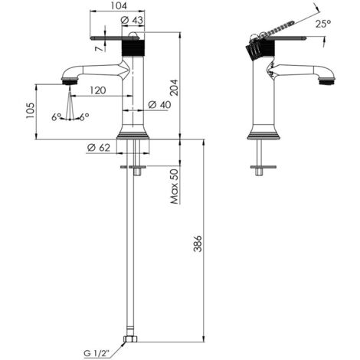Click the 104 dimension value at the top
click(x=119, y=5)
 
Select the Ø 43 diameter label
click(x=133, y=20)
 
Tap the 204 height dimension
click(x=175, y=87)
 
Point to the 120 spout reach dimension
click(x=97, y=90)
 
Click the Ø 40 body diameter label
click(x=160, y=104)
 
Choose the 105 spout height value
click(x=30, y=110)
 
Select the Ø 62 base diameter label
click(x=99, y=148)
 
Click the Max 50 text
click(x=175, y=187)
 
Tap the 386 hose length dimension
click(x=198, y=244)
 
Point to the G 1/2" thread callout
click(x=97, y=354)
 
